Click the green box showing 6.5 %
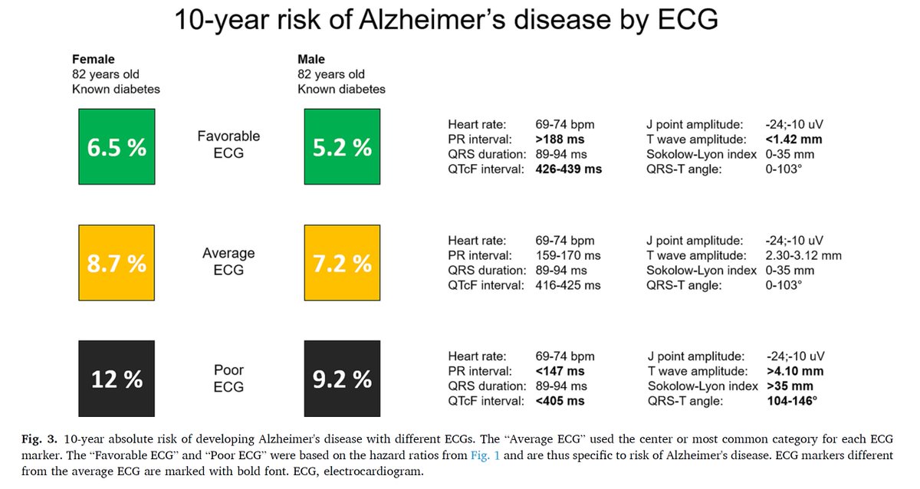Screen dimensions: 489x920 click(x=117, y=146)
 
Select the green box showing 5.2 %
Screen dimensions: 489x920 click(x=342, y=146)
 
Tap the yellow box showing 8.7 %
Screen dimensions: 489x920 click(x=117, y=263)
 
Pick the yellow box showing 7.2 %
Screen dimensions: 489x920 click(x=342, y=263)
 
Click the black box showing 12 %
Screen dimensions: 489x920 click(x=117, y=379)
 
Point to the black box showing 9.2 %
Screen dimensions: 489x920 click(x=342, y=379)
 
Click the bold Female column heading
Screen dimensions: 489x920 click(x=93, y=60)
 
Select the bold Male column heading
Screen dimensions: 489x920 click(x=311, y=60)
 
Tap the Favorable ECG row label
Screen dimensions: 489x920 click(x=228, y=144)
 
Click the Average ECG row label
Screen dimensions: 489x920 click(x=228, y=261)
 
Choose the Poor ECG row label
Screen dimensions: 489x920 click(x=228, y=379)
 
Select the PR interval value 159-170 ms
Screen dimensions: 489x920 click(x=567, y=255)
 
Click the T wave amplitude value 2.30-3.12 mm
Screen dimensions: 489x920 click(x=803, y=255)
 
